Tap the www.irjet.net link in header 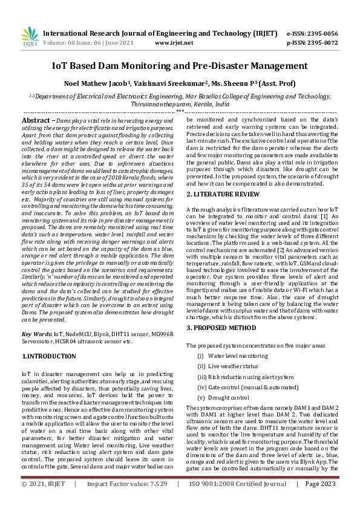pyautogui.click(x=174, y=44)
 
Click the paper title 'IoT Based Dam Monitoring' pyautogui.click(x=180, y=66)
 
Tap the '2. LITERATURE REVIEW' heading pyautogui.click(x=223, y=194)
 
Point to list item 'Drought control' pyautogui.click(x=228, y=397)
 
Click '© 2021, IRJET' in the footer pyautogui.click(x=43, y=501)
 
